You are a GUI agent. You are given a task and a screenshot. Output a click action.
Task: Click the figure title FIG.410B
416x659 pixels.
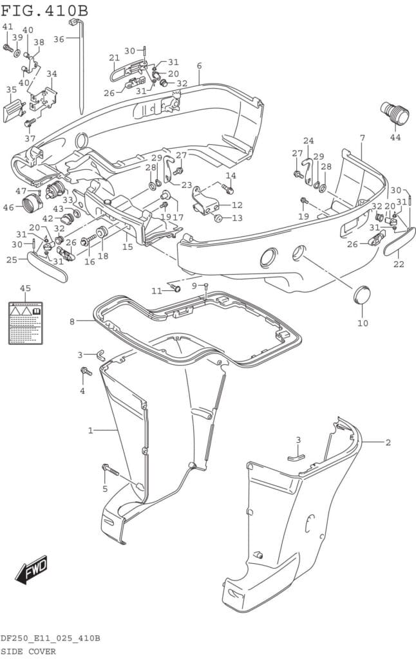pyautogui.click(x=45, y=11)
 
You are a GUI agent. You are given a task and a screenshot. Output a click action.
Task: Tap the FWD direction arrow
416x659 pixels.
pyautogui.click(x=32, y=569)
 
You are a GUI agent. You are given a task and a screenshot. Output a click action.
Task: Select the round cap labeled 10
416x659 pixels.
pyautogui.click(x=363, y=295)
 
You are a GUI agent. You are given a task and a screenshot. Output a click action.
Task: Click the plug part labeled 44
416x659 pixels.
pyautogui.click(x=395, y=115)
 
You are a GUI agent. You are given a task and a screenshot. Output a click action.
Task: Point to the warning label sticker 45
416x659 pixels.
pyautogui.click(x=25, y=322)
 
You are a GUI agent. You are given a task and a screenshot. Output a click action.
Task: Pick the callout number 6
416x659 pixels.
pyautogui.click(x=200, y=66)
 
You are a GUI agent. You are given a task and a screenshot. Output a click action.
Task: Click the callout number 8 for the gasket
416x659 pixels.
pyautogui.click(x=72, y=320)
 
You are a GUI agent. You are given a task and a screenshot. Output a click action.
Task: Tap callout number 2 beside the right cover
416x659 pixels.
pyautogui.click(x=388, y=442)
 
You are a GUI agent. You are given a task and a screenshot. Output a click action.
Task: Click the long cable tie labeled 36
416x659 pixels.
pyautogui.click(x=81, y=64)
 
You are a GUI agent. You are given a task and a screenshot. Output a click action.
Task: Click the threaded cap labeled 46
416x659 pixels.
pyautogui.click(x=32, y=205)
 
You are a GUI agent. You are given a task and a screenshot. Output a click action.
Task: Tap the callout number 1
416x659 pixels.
pyautogui.click(x=91, y=430)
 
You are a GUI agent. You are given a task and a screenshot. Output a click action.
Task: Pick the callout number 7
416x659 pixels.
pyautogui.click(x=363, y=138)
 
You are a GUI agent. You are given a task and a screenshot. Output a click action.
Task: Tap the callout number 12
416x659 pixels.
pyautogui.click(x=237, y=205)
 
